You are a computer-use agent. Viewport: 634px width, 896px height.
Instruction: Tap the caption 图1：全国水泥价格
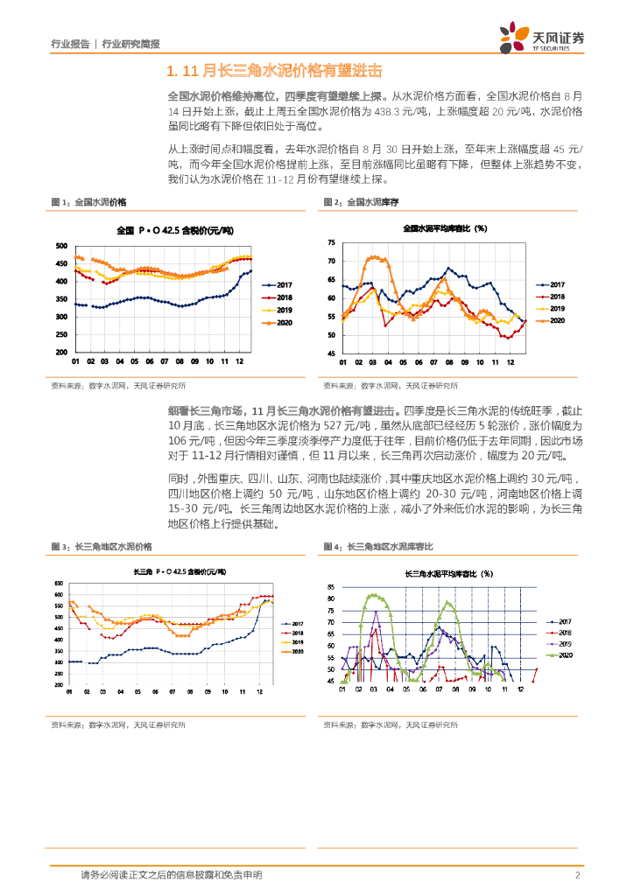[88, 202]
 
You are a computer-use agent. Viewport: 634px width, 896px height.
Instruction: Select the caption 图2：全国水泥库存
[361, 202]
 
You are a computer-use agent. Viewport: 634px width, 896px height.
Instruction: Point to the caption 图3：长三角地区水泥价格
[102, 546]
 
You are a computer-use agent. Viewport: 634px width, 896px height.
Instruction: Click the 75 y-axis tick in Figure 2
[330, 242]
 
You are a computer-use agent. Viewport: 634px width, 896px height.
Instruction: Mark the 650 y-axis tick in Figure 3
[60, 584]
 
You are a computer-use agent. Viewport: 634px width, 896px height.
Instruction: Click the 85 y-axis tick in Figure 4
[330, 587]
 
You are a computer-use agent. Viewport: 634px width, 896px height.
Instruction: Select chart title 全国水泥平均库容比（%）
[444, 228]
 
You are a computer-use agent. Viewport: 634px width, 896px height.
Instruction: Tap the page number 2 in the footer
[577, 875]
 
